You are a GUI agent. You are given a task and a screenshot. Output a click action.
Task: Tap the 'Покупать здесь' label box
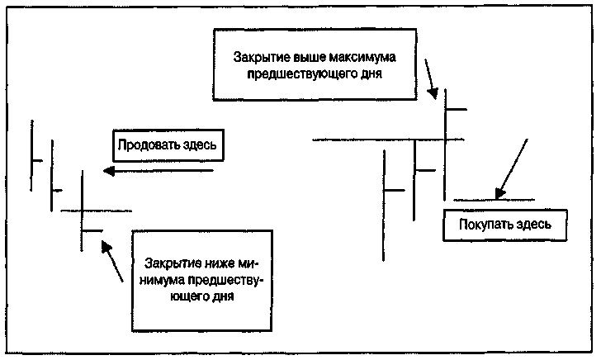(505, 224)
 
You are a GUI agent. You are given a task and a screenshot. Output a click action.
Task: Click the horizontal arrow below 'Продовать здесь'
(157, 171)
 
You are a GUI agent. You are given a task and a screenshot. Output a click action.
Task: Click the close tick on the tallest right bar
(457, 108)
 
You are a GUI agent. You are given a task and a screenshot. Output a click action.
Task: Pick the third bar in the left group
(83, 211)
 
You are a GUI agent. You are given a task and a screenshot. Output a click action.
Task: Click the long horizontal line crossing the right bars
(388, 140)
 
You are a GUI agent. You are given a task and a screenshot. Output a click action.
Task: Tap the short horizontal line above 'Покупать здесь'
(493, 200)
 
